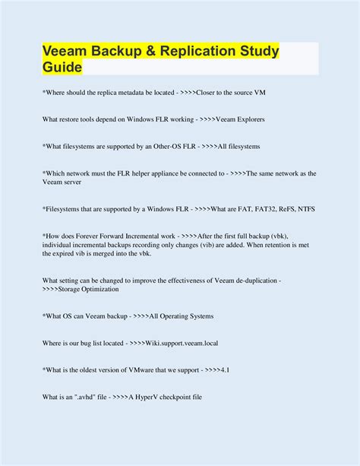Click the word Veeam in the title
click(x=66, y=52)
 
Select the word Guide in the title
click(x=61, y=68)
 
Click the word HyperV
click(x=153, y=396)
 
